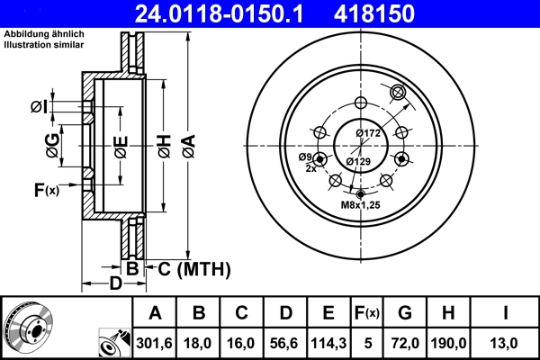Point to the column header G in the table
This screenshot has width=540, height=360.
click(x=406, y=312)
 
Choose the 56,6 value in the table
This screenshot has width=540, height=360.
click(x=285, y=342)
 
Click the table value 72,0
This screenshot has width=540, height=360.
click(x=406, y=342)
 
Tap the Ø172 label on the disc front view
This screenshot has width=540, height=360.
click(x=369, y=133)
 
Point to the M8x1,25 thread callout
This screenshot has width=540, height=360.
click(x=361, y=206)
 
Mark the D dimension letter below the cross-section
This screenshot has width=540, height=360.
click(x=114, y=284)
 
